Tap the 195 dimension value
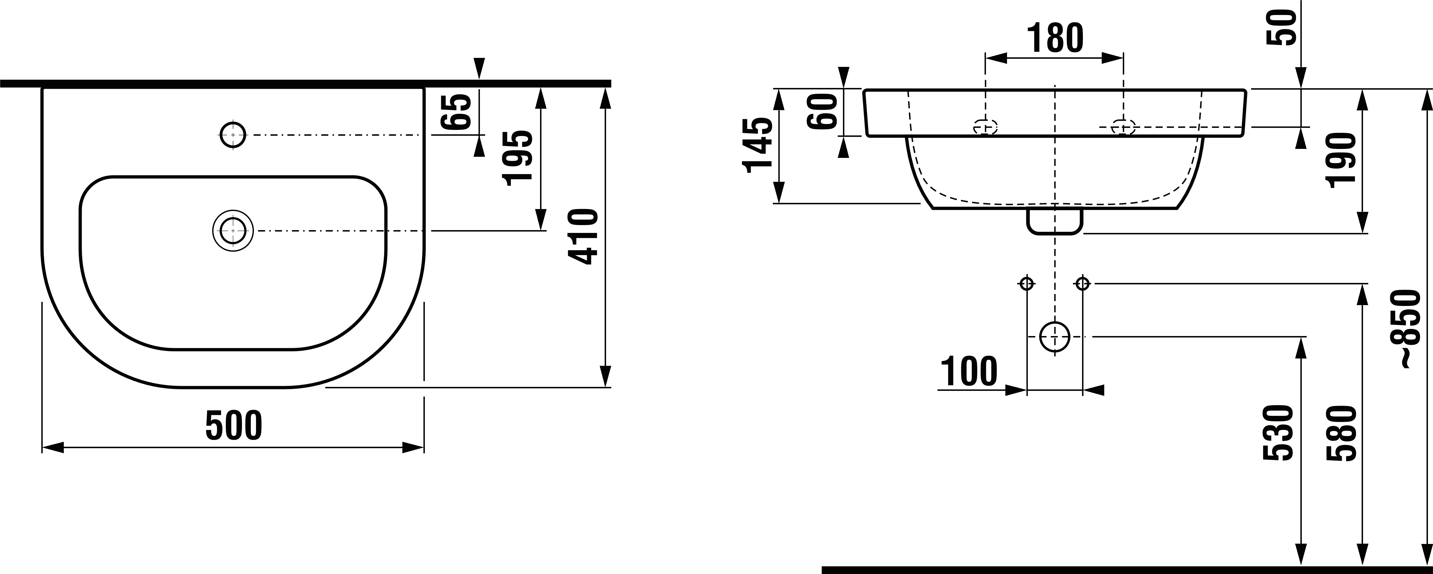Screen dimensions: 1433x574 pos(517,158)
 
